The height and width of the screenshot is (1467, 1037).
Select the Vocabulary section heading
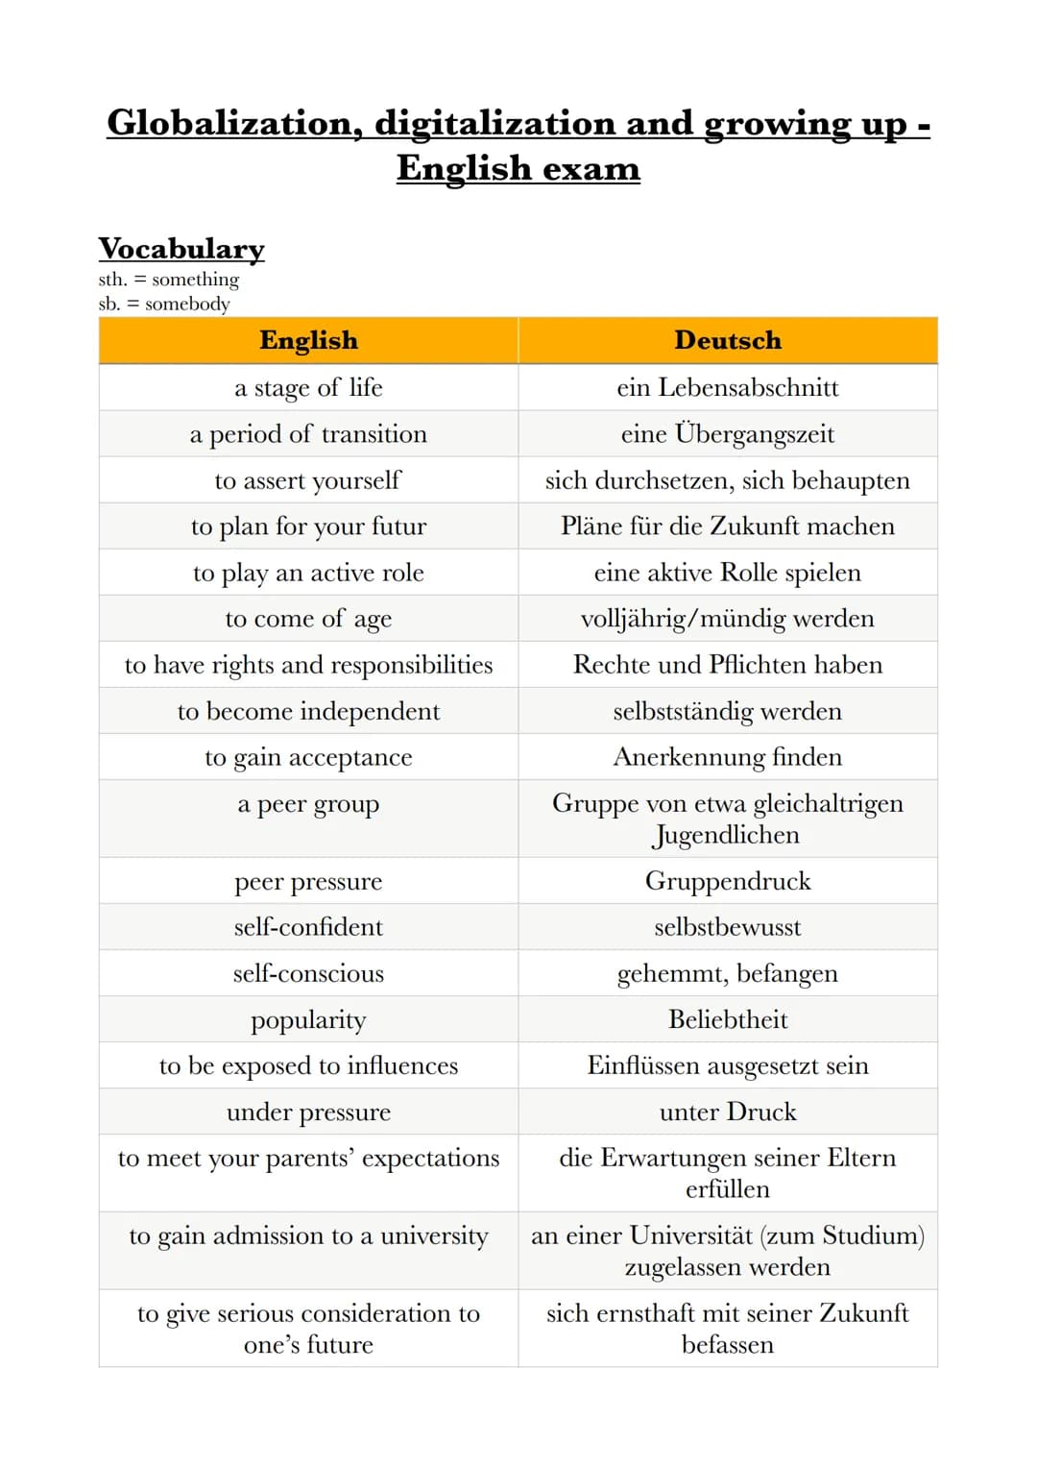(x=181, y=249)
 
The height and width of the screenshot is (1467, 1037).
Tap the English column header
(x=308, y=340)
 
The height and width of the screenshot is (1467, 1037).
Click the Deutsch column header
(x=728, y=340)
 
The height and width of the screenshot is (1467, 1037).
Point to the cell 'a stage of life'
(x=308, y=387)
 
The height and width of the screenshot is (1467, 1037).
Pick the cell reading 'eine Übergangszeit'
(x=728, y=433)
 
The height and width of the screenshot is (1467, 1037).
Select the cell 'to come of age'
(x=308, y=619)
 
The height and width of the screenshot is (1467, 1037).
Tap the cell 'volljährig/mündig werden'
(x=728, y=619)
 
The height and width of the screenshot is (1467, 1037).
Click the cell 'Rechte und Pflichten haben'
(x=728, y=665)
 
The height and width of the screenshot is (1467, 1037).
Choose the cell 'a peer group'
(x=308, y=804)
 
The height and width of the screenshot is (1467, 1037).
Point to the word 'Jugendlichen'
(x=726, y=836)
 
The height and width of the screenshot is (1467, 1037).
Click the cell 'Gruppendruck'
(x=728, y=881)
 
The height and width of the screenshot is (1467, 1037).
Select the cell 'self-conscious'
(x=308, y=973)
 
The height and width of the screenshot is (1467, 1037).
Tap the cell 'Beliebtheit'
(x=728, y=1019)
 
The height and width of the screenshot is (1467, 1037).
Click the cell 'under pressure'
(x=308, y=1112)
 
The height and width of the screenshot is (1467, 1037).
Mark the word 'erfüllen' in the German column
(x=728, y=1189)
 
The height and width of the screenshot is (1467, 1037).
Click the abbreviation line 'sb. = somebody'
(x=164, y=304)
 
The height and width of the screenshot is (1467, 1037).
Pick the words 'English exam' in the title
(x=518, y=168)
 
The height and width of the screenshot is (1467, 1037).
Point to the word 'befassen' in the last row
(x=728, y=1345)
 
